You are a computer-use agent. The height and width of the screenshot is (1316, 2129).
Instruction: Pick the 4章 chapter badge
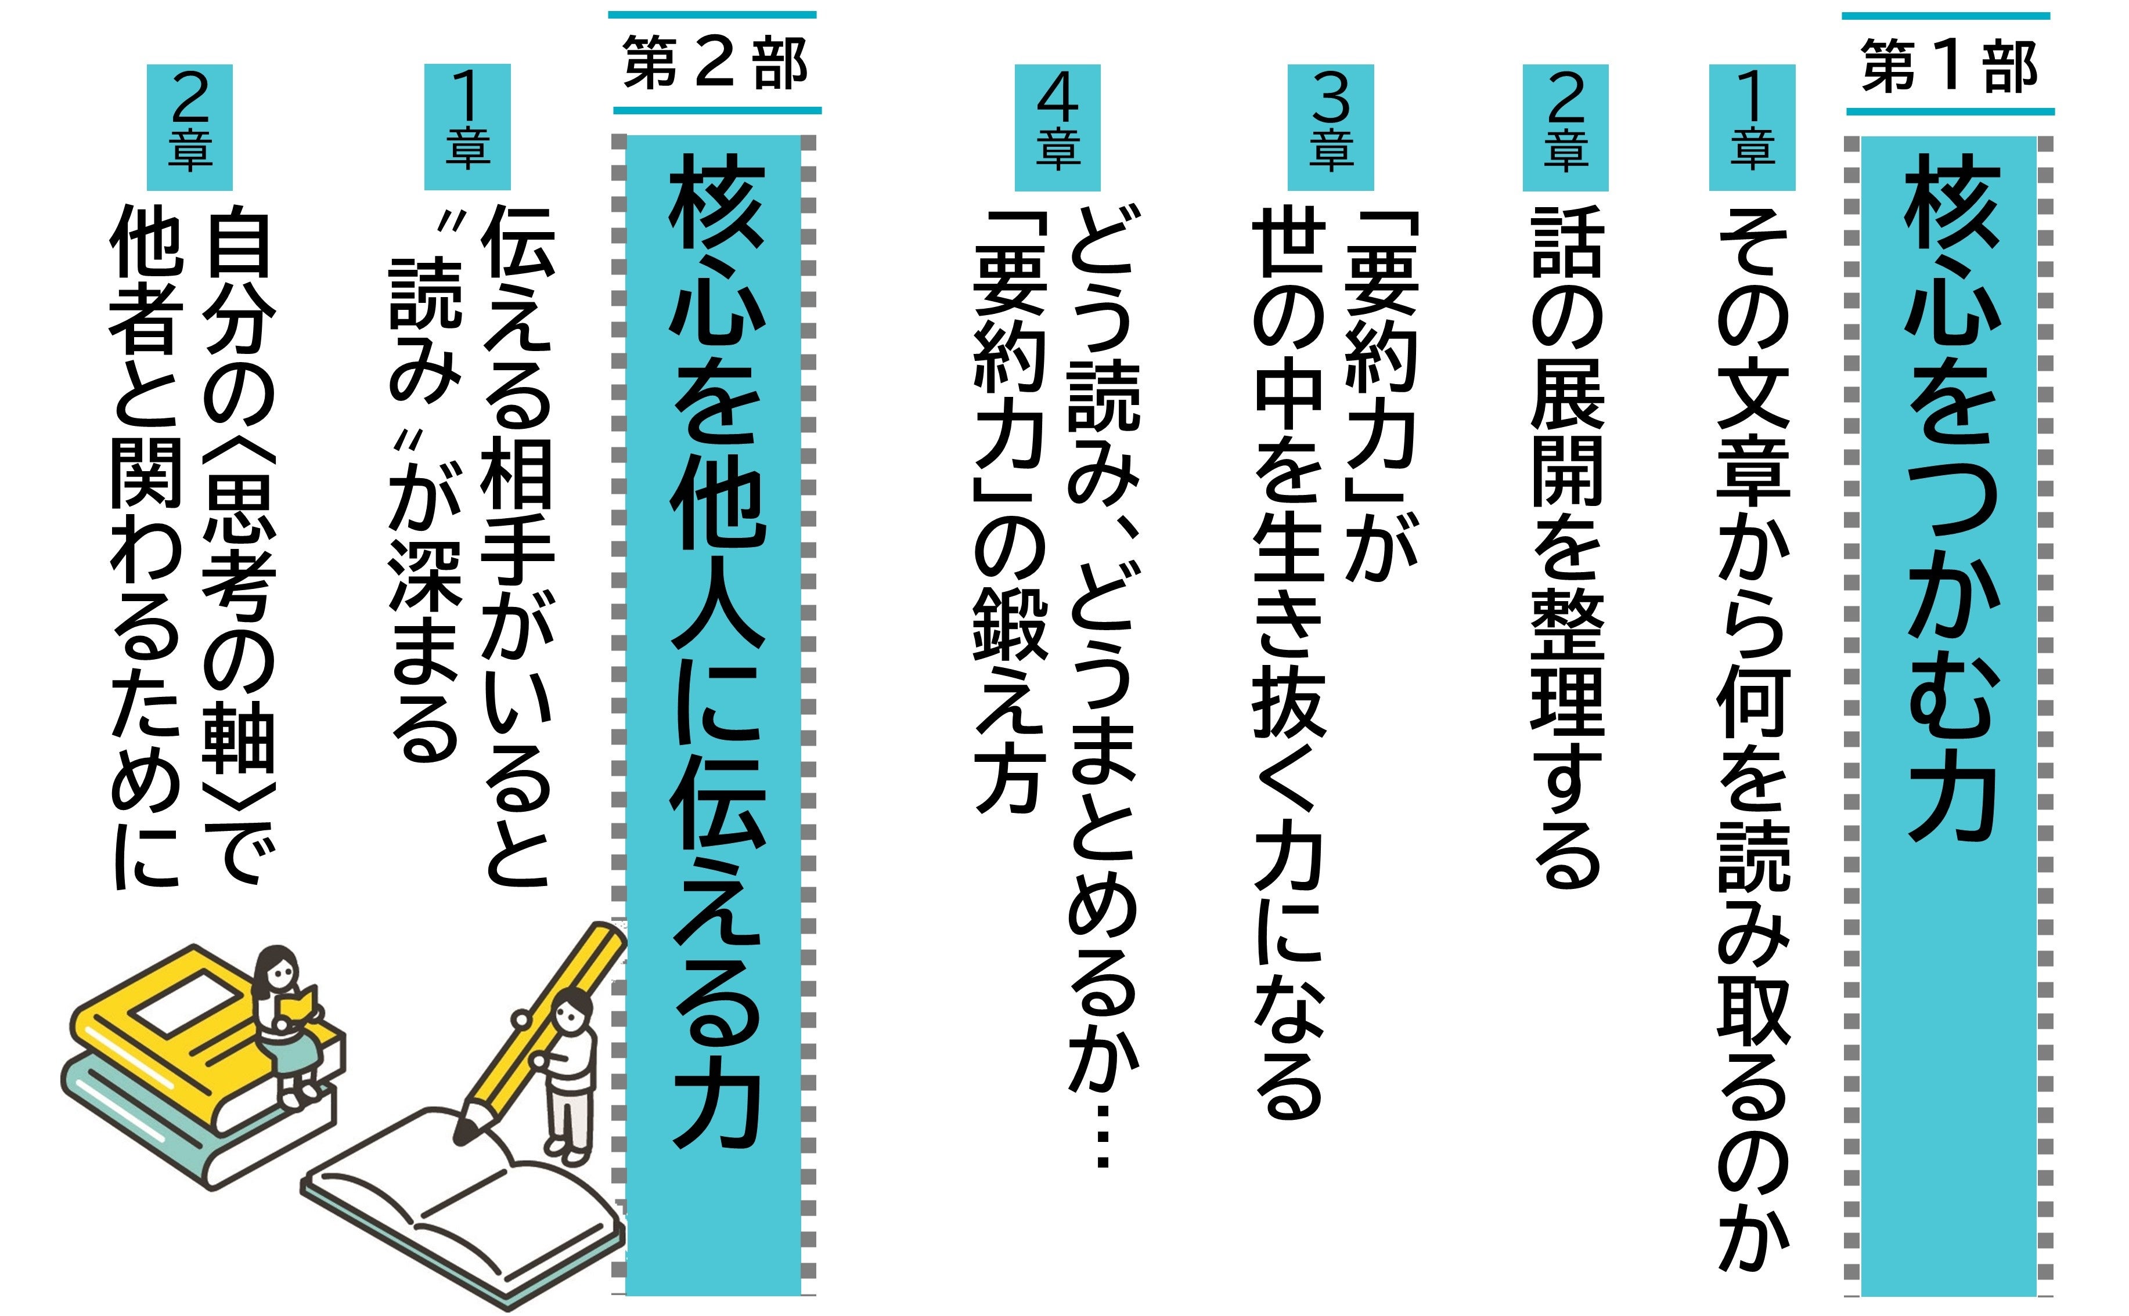point(1057,127)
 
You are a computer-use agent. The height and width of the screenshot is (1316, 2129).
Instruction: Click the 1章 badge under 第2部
point(467,127)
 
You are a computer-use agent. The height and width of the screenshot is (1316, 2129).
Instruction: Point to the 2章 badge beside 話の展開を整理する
point(1565,127)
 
